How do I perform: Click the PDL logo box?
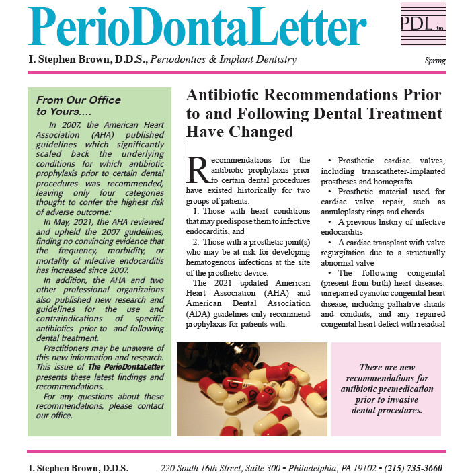[x=422, y=25]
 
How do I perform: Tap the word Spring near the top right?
[x=435, y=61]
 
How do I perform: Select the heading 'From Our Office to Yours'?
[x=79, y=106]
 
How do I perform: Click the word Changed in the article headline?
[x=261, y=132]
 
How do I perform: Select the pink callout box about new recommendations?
[x=386, y=389]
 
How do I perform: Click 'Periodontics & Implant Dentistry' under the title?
[x=224, y=60]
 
